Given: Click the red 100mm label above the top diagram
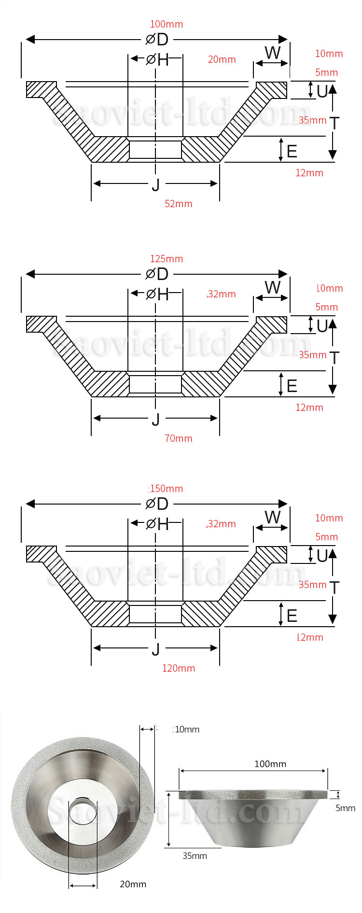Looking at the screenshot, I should point(166,24).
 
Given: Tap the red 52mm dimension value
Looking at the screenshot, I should point(179,204).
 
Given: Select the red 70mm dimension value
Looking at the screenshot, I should point(179,438).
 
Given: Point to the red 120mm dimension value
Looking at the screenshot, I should point(179,668).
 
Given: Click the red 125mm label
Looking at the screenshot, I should point(167,259).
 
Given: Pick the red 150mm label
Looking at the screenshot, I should point(167,489).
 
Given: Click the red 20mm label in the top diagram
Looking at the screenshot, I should point(222,59).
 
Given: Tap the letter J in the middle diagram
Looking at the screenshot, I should point(155,419).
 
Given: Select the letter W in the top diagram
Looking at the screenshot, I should point(273,53).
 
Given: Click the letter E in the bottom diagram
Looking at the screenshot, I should point(292,616).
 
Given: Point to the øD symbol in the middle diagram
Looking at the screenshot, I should point(157,274).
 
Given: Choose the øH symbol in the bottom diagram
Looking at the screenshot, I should point(157,524).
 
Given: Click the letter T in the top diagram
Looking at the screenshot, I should point(334,123).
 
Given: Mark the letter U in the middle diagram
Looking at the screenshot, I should point(322,326).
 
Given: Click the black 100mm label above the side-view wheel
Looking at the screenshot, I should point(270,764).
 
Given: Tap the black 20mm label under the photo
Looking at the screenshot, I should point(133,884).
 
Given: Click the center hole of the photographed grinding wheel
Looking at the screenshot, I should point(83,812).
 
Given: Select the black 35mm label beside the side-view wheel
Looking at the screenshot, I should point(195,856).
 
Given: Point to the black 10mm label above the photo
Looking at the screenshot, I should point(187,729).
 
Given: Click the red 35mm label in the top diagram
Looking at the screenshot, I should point(312,120).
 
